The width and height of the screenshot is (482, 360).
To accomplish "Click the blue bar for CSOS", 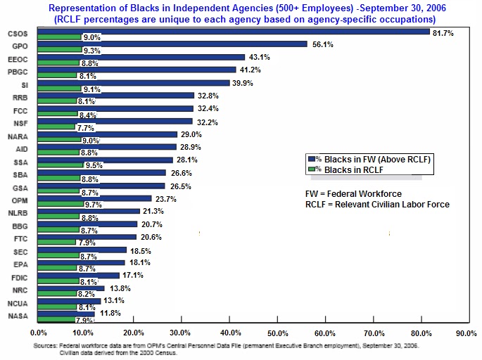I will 232,32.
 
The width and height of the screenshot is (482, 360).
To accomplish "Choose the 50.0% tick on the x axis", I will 277,333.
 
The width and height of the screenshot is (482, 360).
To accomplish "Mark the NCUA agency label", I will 18,303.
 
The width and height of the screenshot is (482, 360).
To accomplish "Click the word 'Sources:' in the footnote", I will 46,346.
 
